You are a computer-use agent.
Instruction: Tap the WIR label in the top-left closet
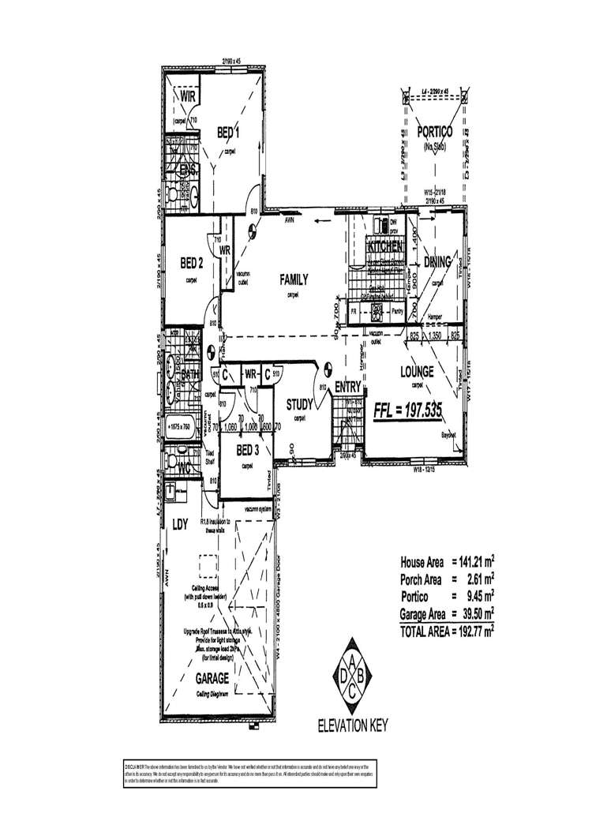coord(188,96)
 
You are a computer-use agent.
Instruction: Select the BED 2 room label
coord(192,263)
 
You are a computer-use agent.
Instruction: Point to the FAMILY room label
coord(293,279)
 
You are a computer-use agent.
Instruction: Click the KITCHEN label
coord(386,247)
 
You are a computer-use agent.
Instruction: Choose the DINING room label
coord(437,262)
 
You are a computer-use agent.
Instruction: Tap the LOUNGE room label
coord(418,370)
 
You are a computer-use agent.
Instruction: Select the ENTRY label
coord(347,387)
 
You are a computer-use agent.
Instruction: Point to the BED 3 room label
coord(247,450)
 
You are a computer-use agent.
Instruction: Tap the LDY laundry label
coord(180,523)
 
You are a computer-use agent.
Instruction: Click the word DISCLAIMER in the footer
coord(133,766)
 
